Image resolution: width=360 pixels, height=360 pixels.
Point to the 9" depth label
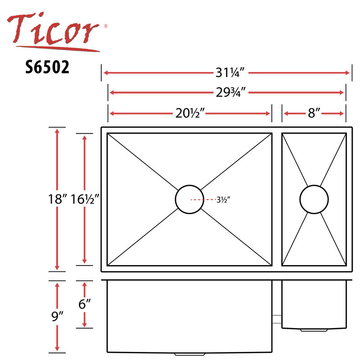coord(58,317)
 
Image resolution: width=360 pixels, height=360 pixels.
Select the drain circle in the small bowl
coord(314,199)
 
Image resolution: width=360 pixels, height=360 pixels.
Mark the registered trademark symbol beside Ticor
coord(106,27)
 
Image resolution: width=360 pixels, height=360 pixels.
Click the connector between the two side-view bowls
coord(277,318)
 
